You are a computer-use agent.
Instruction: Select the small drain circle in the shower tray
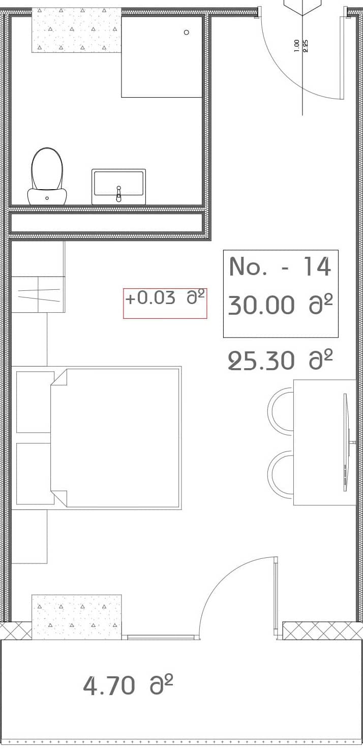[x=187, y=32]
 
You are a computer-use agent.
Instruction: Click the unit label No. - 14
[x=280, y=266]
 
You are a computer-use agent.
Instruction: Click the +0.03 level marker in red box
[x=150, y=298]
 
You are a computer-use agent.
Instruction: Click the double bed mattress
[x=122, y=438]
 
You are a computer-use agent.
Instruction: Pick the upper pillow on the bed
[x=35, y=402]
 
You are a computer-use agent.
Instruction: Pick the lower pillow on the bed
[x=35, y=473]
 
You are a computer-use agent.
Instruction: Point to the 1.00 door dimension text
[x=297, y=46]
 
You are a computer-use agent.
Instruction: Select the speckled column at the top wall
[x=76, y=30]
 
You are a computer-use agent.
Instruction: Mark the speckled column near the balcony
[x=76, y=616]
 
